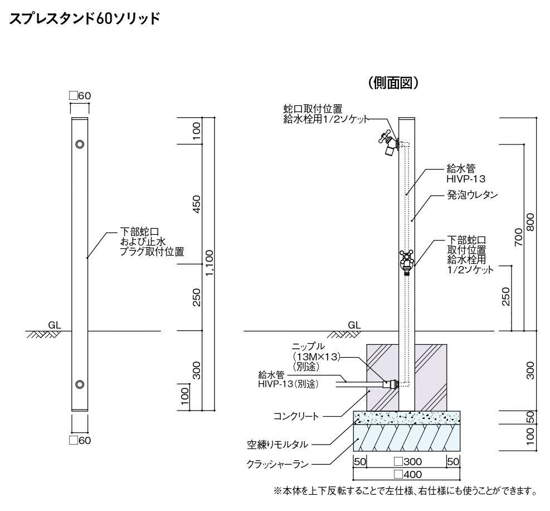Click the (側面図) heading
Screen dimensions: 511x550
tap(393, 83)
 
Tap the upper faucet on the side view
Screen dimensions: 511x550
tap(388, 143)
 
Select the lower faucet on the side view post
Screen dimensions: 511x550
tap(407, 262)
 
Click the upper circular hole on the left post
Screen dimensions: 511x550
tap(80, 144)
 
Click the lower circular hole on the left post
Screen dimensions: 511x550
tap(80, 384)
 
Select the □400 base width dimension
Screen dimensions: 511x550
tap(407, 475)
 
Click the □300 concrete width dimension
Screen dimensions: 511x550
tap(407, 462)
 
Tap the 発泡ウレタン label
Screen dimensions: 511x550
tap(471, 196)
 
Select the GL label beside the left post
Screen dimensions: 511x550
tap(54, 324)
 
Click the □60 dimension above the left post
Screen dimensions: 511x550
tap(80, 96)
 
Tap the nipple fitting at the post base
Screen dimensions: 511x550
tap(390, 383)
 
